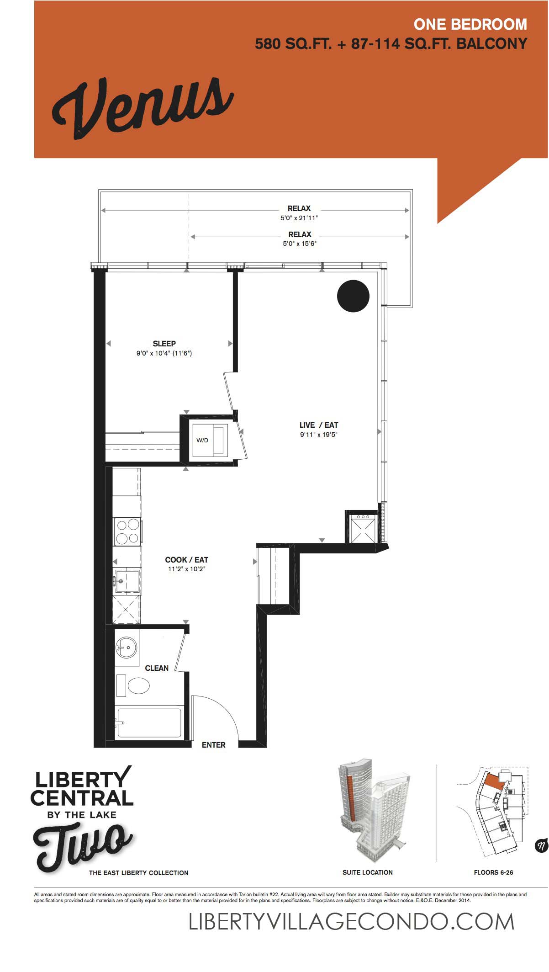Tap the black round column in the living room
tap(353, 296)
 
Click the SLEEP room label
tap(164, 344)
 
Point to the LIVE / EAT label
tap(319, 425)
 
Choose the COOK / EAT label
tap(187, 560)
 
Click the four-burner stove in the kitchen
tap(127, 531)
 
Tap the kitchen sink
tap(127, 581)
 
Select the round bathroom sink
tap(126, 648)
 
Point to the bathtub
tap(149, 722)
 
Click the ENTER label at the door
tap(214, 745)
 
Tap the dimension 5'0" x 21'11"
tap(299, 218)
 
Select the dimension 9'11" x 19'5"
tap(319, 435)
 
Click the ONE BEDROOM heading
tap(470, 24)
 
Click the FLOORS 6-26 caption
tap(493, 872)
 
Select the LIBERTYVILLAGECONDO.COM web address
tap(352, 922)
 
